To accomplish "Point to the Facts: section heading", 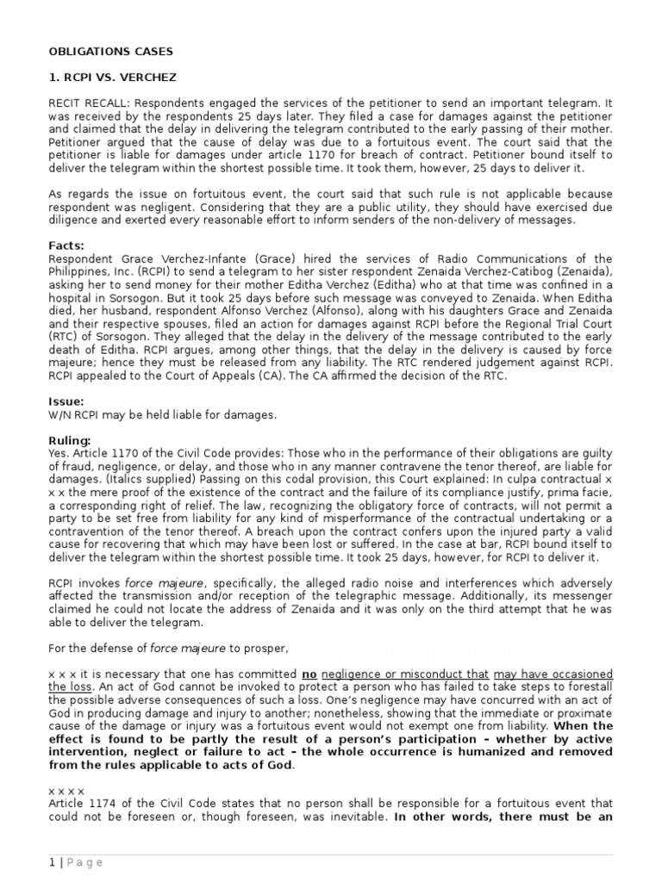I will [66, 246].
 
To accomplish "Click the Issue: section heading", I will [66, 401].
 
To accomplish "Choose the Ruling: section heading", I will [70, 441].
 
